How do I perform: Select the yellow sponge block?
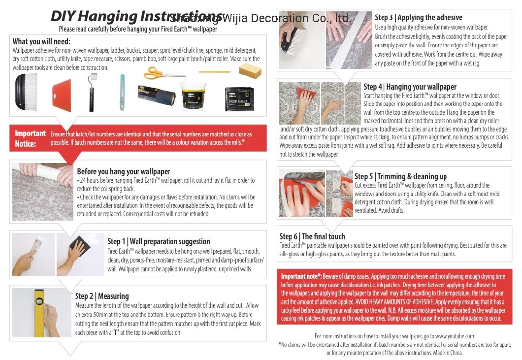(250, 69)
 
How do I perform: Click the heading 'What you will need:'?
(41, 41)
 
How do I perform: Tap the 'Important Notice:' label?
(30, 138)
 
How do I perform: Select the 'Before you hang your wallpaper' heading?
(123, 171)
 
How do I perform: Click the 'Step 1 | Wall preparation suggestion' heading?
(159, 241)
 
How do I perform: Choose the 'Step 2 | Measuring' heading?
(102, 296)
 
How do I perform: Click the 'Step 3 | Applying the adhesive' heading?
(419, 18)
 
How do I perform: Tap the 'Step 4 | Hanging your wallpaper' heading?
(410, 87)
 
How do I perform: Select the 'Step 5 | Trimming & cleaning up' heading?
(400, 176)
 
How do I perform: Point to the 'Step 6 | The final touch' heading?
(312, 236)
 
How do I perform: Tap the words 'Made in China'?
(448, 353)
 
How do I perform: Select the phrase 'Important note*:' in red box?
(301, 276)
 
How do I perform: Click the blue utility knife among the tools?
(122, 90)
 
